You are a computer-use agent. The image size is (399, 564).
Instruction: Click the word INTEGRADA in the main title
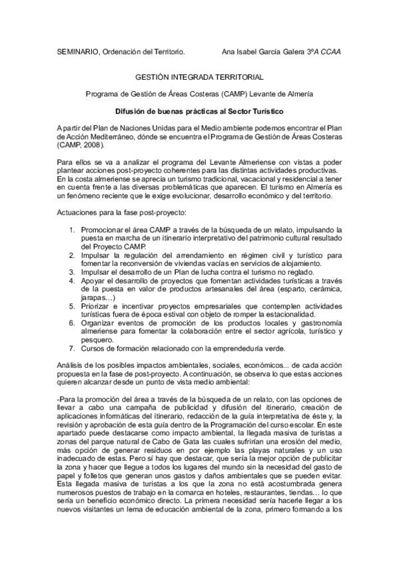(x=199, y=77)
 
